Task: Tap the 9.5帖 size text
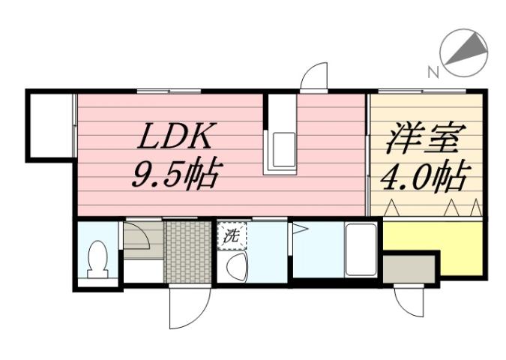(x=175, y=175)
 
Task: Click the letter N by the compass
(x=433, y=72)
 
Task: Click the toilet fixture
(x=97, y=259)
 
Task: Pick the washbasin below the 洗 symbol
(x=236, y=266)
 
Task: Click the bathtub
(x=361, y=250)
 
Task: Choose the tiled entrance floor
(x=187, y=251)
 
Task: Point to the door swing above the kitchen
(x=315, y=77)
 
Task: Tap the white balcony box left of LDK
(x=49, y=125)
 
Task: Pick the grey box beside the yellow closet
(x=409, y=268)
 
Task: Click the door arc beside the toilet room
(x=137, y=239)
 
